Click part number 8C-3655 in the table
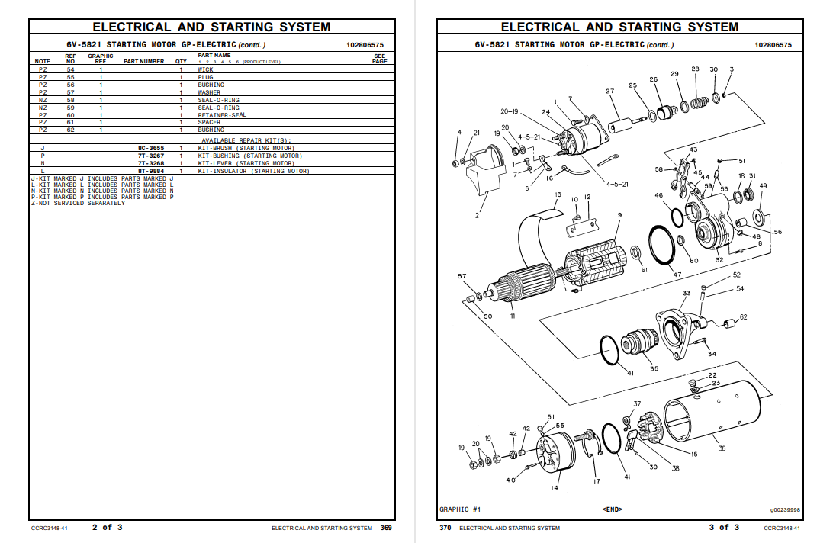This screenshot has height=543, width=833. point(151,148)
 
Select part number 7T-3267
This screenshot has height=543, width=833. point(151,156)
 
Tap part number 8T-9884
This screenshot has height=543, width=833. point(151,171)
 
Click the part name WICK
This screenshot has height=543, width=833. point(206,69)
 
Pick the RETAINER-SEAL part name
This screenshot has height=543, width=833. point(222,115)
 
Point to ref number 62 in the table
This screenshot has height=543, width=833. point(70,130)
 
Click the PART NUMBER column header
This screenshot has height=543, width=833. point(144,61)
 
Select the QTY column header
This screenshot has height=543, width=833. point(181,61)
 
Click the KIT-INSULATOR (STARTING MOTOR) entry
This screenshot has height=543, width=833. point(253,171)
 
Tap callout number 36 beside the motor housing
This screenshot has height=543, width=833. point(722,448)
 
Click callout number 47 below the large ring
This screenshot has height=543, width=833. point(677,275)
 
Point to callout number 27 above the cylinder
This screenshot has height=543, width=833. point(610,92)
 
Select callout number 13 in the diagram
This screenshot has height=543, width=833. point(558,195)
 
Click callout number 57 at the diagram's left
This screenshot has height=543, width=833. point(462,275)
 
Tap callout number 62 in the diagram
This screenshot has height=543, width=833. point(743,316)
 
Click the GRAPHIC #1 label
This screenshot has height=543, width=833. point(460,509)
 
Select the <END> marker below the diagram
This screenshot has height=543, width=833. point(613,509)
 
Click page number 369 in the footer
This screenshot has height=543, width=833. point(386,528)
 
